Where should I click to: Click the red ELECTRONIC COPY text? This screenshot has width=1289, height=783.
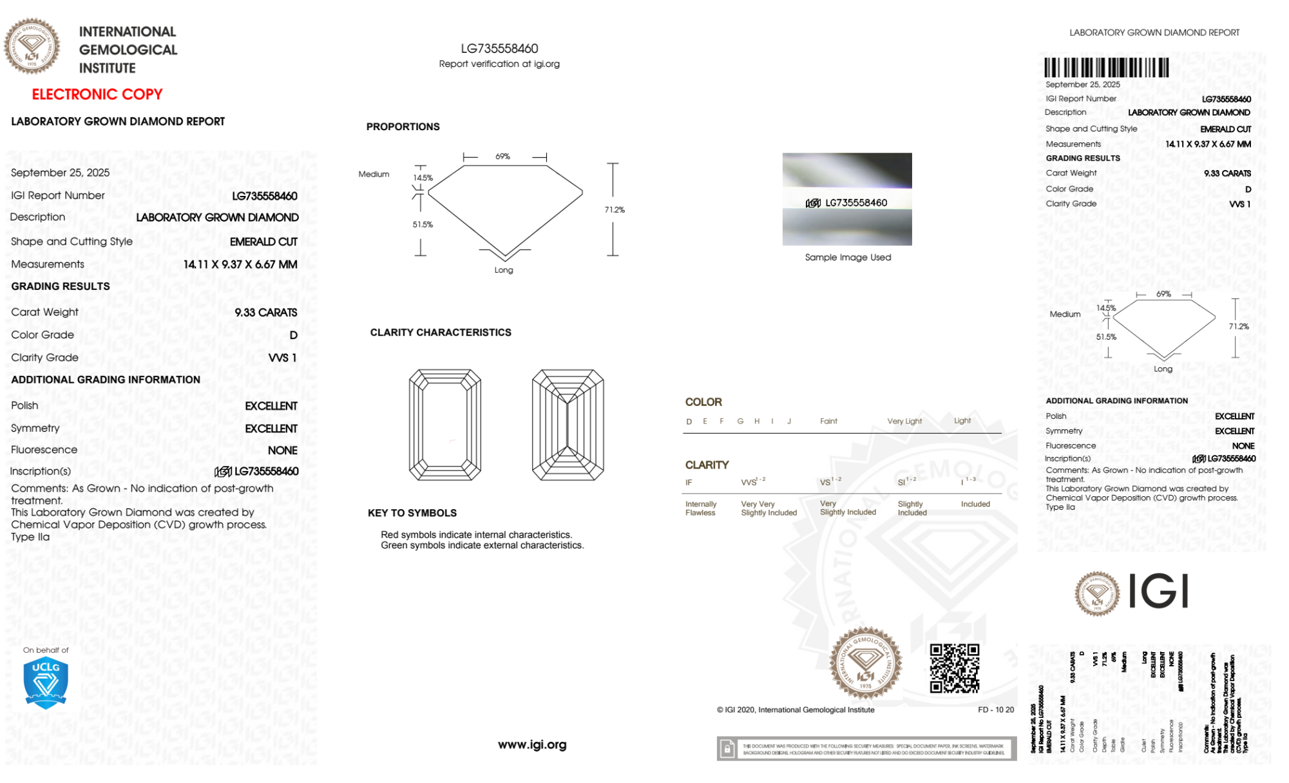pos(97,94)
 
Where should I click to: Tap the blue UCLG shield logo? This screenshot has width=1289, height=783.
pos(46,683)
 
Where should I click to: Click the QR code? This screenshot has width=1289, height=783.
pos(954,668)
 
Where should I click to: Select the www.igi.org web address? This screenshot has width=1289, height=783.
pos(532,744)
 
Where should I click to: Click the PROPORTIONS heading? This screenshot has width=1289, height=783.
pos(403,127)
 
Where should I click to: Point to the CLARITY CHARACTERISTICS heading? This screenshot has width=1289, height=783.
pos(441,333)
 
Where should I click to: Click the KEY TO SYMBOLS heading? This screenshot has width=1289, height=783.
pos(412,513)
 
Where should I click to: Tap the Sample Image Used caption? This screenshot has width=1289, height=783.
pos(848,257)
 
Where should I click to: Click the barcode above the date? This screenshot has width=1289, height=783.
pos(1106,68)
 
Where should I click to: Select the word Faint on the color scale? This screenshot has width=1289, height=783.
pos(828,421)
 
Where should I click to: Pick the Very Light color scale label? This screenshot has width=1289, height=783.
pos(904,421)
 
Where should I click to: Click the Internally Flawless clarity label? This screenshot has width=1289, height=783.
pos(700,508)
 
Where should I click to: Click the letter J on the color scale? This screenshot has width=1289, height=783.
pos(789,421)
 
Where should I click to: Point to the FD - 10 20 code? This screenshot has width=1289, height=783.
pos(995,710)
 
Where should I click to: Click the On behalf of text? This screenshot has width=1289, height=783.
pos(46,650)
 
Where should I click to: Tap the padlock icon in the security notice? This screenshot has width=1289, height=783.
pos(727,749)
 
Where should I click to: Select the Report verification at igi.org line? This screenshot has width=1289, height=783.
pos(499,64)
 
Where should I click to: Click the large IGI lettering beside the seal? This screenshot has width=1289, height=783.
pos(1159,592)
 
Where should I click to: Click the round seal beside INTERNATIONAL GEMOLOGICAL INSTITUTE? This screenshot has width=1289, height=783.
pos(32,46)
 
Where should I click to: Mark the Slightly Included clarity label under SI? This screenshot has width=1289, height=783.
pos(912,508)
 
